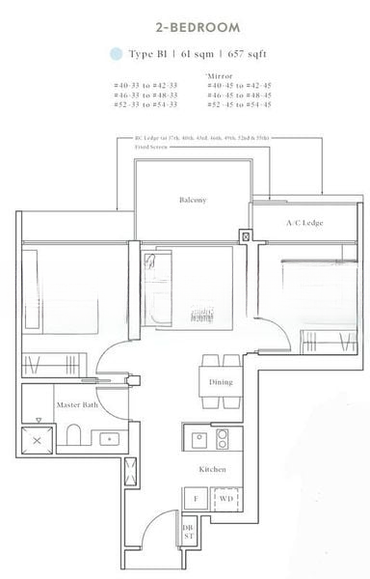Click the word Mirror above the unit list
point(220,76)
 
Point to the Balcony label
point(193,200)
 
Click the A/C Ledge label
point(304,224)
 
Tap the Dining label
point(221,382)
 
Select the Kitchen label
point(212,469)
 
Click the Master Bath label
point(73,405)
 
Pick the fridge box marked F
point(195,500)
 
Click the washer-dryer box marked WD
point(226,500)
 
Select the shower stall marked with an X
point(38,437)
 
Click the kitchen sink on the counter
point(196,438)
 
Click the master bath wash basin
point(108,439)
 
